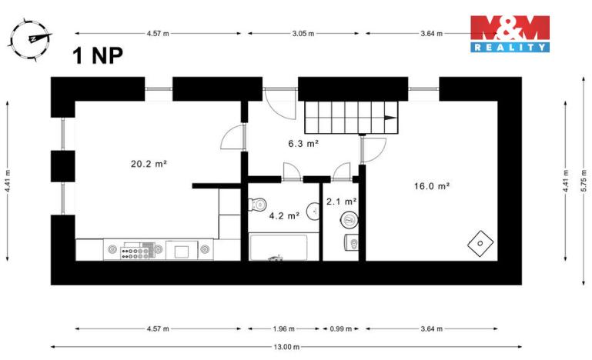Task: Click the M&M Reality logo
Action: pyautogui.click(x=510, y=33)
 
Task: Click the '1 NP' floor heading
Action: pyautogui.click(x=97, y=56)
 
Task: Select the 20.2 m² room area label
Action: pyautogui.click(x=149, y=163)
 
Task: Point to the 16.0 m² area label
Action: pyautogui.click(x=431, y=185)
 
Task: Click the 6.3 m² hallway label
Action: pyautogui.click(x=303, y=143)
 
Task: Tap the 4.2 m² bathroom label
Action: pyautogui.click(x=283, y=216)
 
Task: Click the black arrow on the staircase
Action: pyautogui.click(x=390, y=118)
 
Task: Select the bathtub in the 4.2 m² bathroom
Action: pyautogui.click(x=278, y=248)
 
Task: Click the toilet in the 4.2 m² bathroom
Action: pyautogui.click(x=258, y=204)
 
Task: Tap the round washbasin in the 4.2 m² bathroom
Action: pyautogui.click(x=313, y=210)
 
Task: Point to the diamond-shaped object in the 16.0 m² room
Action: pyautogui.click(x=480, y=242)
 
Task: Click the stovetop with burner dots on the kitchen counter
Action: pyautogui.click(x=139, y=250)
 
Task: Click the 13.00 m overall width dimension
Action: pyautogui.click(x=286, y=347)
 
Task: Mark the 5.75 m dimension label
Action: pyautogui.click(x=584, y=181)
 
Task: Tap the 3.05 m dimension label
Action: pyautogui.click(x=303, y=34)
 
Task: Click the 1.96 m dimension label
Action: pyautogui.click(x=283, y=329)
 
